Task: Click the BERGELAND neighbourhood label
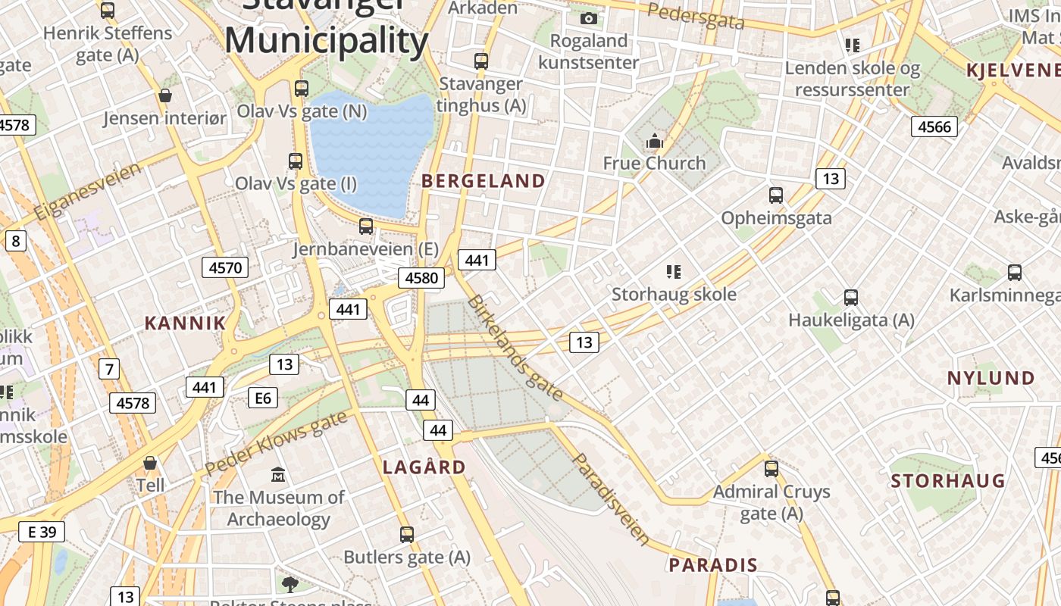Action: coord(483,181)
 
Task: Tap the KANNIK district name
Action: coord(185,323)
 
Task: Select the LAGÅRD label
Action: coord(424,467)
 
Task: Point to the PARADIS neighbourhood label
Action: coord(713,565)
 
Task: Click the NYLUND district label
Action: coord(991,378)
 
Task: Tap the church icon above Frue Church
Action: coord(654,141)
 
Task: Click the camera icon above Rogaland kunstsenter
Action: coord(589,18)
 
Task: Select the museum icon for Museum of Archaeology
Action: coord(278,475)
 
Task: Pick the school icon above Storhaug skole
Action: coord(673,271)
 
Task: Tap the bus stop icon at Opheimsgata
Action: coord(776,195)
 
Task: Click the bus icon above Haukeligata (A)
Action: coord(851,298)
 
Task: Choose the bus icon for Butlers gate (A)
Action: coord(407,535)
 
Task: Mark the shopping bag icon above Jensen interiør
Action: coord(164,95)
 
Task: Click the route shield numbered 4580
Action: coord(421,278)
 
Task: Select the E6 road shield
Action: coord(263,397)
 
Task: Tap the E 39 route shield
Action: coord(42,532)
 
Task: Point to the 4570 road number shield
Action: coord(225,267)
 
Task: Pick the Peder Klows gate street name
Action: coord(276,442)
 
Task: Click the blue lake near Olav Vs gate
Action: coord(371,151)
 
